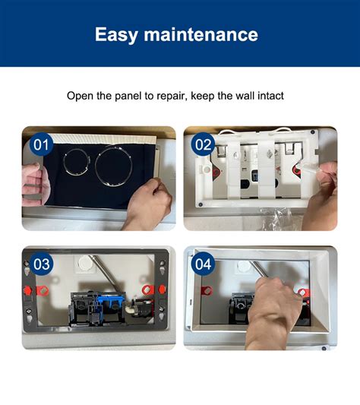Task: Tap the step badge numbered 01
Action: click(41, 144)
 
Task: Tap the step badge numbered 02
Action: click(204, 144)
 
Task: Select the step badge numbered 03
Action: click(41, 264)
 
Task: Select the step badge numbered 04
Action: click(204, 264)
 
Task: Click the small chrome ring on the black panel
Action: click(76, 163)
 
